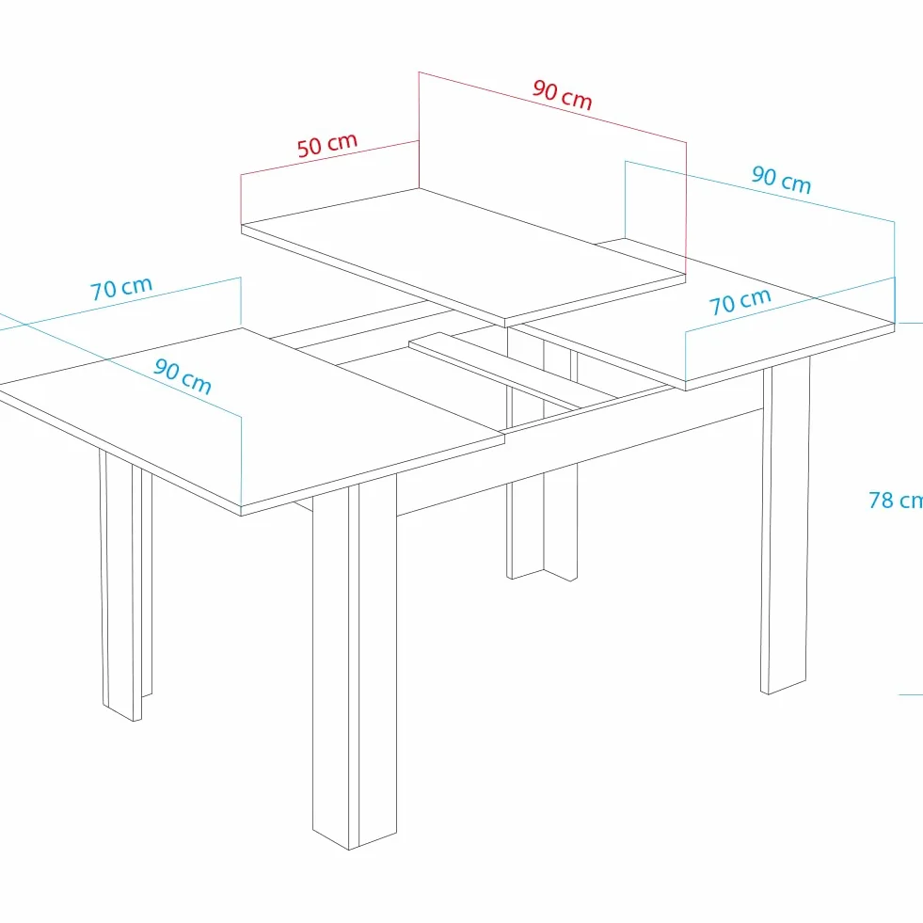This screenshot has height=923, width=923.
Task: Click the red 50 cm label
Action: [x=327, y=145]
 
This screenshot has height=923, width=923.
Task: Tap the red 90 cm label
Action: [x=562, y=95]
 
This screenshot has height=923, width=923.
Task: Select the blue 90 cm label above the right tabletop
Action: [x=782, y=180]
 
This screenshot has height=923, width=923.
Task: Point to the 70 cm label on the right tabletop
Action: [x=740, y=301]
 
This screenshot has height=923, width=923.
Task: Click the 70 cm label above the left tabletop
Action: [x=121, y=289]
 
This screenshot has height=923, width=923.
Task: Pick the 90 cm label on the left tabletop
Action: [x=183, y=375]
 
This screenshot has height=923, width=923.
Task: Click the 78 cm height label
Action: [x=896, y=500]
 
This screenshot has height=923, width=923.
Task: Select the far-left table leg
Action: [x=126, y=586]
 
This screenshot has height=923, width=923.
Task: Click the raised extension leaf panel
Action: [x=463, y=257]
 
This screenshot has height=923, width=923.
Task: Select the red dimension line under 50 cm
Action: [x=329, y=158]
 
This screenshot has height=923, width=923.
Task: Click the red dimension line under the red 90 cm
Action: [x=552, y=107]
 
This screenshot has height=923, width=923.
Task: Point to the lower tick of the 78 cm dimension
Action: [x=911, y=694]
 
